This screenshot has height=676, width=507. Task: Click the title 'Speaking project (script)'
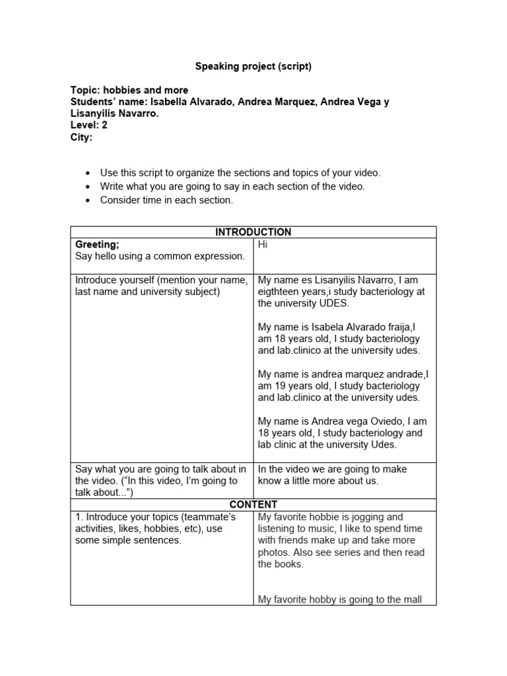tap(253, 66)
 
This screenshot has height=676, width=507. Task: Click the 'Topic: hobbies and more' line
tap(129, 90)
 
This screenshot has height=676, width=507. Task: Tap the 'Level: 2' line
tap(88, 125)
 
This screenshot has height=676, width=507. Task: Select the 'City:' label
tap(82, 137)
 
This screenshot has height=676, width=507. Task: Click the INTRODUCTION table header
tap(253, 232)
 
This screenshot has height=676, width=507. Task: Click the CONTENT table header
tap(253, 504)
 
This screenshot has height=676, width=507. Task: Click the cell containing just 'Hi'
tap(263, 244)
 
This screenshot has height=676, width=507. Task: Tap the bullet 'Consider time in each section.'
tap(166, 199)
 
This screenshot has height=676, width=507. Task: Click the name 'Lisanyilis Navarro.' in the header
tap(115, 114)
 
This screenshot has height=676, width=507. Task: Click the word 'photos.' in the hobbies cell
tap(275, 553)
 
